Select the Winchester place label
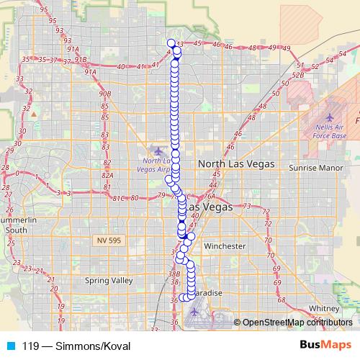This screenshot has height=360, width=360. click(x=225, y=246)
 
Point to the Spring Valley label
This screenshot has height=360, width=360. click(x=109, y=281)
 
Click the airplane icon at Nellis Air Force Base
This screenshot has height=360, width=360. click(x=330, y=117)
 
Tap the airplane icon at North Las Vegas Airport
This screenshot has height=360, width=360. click(x=158, y=150)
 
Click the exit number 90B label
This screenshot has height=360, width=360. click(x=105, y=94)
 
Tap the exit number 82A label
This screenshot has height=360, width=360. click(x=109, y=174)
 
